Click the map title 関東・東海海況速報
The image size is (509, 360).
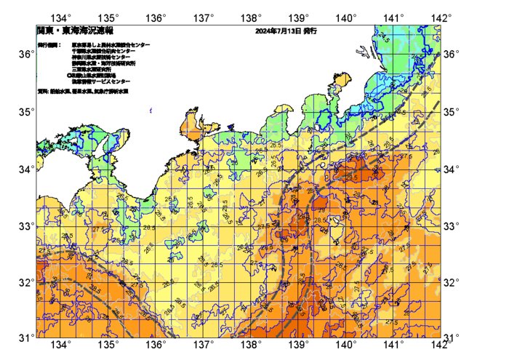(75, 31)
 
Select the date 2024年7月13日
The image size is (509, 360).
(278, 32)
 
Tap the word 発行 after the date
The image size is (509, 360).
(310, 32)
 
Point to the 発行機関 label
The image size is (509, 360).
(49, 45)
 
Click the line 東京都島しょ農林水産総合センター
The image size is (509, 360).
(111, 45)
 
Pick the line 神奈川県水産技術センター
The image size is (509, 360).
(103, 57)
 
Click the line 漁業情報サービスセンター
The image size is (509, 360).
(101, 81)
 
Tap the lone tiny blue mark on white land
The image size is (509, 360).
(151, 111)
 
